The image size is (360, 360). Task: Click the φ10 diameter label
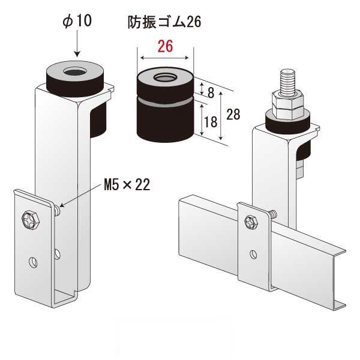tap(77, 20)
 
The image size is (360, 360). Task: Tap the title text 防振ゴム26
tap(164, 22)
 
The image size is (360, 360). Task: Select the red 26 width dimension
tap(166, 46)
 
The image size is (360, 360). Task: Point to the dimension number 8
tap(211, 93)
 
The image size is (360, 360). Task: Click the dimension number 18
tap(211, 122)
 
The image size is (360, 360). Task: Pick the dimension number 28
tap(233, 114)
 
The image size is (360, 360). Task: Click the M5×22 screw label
tap(127, 185)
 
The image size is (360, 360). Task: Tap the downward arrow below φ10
tap(77, 43)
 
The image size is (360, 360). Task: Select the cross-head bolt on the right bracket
tap(251, 222)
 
